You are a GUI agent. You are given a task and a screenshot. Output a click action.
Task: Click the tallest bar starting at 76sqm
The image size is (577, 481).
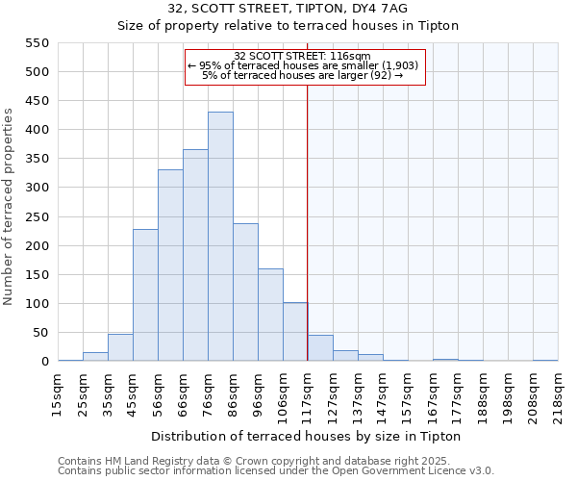pos(220,237)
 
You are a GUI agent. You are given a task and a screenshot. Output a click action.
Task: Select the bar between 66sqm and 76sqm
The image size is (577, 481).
pos(195,255)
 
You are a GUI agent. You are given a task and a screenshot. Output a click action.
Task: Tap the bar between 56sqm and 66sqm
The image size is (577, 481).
pos(170,266)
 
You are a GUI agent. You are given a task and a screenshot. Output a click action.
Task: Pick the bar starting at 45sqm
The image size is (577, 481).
pos(145,295)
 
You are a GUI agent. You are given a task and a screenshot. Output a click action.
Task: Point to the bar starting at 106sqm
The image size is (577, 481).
pos(295,332)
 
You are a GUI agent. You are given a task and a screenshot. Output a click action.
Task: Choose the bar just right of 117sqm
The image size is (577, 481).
pos(320,348)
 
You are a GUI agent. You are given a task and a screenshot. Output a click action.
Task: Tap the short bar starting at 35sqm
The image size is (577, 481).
pos(120,348)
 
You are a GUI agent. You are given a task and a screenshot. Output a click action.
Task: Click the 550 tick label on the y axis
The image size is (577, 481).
pos(37,43)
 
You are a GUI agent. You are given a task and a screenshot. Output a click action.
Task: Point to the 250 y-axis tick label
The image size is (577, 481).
pos(37,217)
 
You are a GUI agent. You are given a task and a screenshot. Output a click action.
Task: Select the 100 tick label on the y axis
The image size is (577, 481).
pos(37,304)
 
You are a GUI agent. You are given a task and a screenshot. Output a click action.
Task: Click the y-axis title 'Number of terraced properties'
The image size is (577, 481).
pos(9,207)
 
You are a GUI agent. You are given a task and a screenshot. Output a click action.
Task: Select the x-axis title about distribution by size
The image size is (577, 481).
pos(308,437)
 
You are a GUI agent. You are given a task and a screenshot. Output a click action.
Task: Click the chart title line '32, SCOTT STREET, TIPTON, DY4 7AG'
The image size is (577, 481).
pos(288,9)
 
